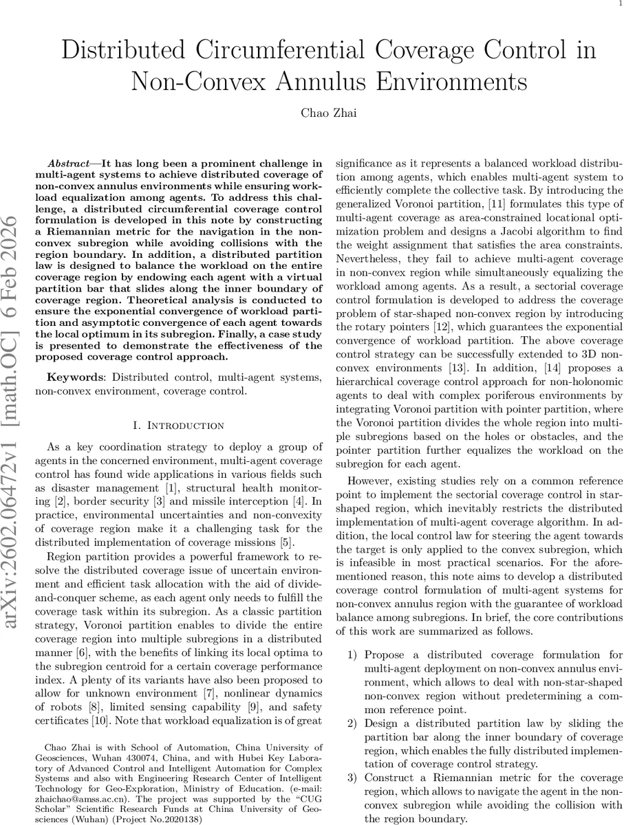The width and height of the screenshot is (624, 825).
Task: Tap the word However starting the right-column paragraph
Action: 369,480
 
